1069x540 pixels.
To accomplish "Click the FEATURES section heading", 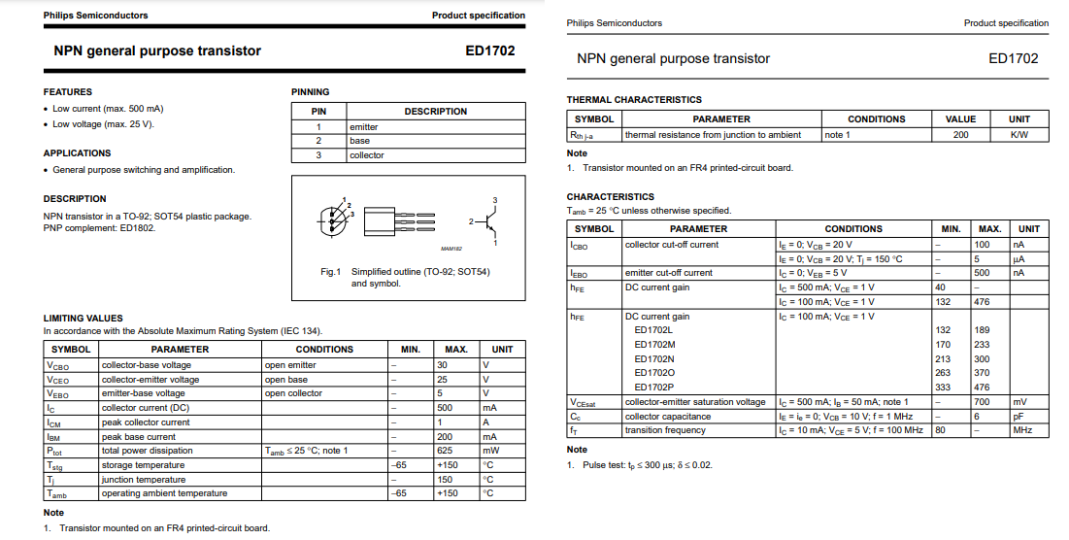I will click(68, 92).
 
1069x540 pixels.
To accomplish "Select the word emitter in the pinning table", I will click(364, 127).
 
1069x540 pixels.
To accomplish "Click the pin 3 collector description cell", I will click(367, 155).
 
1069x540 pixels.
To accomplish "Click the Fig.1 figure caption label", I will click(331, 272).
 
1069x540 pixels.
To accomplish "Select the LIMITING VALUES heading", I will click(84, 319).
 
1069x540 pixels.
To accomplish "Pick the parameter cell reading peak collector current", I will click(146, 422).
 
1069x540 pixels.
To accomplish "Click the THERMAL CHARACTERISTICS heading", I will click(634, 100).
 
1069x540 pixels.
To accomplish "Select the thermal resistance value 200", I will click(960, 135).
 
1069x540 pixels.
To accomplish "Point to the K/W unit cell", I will click(1019, 135).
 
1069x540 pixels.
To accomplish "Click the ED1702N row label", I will click(654, 359).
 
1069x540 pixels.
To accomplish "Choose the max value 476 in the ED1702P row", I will click(982, 388).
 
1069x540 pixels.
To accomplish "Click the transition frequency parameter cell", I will click(665, 430).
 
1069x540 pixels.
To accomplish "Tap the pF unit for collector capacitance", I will click(1019, 417).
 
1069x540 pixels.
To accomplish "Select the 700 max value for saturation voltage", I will click(982, 402).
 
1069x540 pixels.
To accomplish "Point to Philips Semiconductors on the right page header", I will click(615, 23).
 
